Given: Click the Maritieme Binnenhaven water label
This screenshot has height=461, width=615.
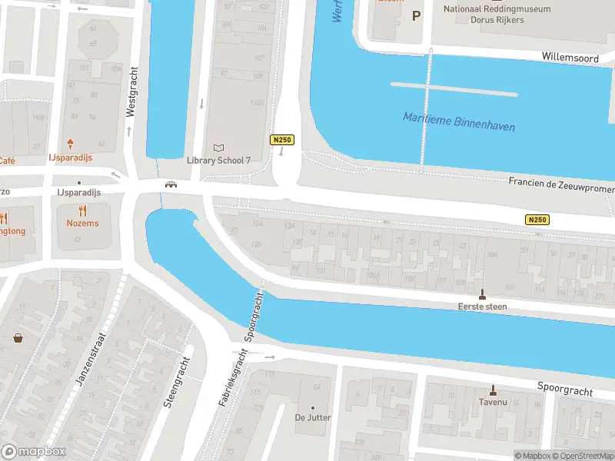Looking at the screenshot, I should pyautogui.click(x=459, y=121).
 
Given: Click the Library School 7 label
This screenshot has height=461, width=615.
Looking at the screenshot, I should pyautogui.click(x=219, y=160).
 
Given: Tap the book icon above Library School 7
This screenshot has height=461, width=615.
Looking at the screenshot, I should pyautogui.click(x=219, y=148).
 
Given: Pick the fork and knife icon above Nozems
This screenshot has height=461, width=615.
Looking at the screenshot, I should pyautogui.click(x=82, y=211).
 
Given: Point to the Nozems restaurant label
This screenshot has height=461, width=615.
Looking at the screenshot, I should pyautogui.click(x=82, y=223).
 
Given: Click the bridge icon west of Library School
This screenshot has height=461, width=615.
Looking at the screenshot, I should pyautogui.click(x=171, y=184).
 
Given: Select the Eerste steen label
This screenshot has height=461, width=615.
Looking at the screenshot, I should pyautogui.click(x=483, y=306).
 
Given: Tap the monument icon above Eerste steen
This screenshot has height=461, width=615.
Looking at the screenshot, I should pyautogui.click(x=483, y=294).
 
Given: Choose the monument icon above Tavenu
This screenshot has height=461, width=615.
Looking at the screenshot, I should pyautogui.click(x=493, y=390).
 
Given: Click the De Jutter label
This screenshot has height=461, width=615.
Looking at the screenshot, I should pyautogui.click(x=313, y=418).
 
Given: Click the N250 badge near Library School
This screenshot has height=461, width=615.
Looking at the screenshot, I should pyautogui.click(x=281, y=139).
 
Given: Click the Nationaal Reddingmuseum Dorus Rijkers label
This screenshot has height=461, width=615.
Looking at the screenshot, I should pyautogui.click(x=496, y=15).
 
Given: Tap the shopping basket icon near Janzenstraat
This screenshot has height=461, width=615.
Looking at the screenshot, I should pyautogui.click(x=18, y=337).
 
